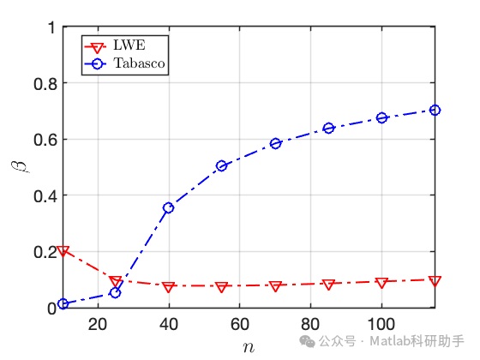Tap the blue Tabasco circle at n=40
[x=169, y=207]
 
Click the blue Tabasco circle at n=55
[x=222, y=165]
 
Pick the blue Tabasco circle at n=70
[x=275, y=143]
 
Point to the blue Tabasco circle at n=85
[x=328, y=129]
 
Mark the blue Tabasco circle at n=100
[x=382, y=117]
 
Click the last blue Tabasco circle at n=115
[x=435, y=110]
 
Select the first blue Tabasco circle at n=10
[x=63, y=303]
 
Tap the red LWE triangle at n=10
[x=63, y=251]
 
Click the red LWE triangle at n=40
[x=169, y=287]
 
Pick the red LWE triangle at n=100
[x=382, y=282]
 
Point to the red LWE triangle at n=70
[x=275, y=286]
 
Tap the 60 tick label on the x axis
[x=240, y=324]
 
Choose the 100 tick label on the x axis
[x=381, y=324]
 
